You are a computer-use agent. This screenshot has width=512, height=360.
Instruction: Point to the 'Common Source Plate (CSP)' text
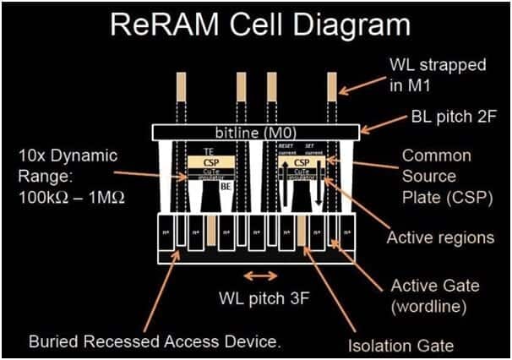[437, 177]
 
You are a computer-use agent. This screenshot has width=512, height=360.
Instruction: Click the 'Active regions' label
[439, 237]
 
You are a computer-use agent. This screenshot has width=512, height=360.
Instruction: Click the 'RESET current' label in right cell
[285, 149]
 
